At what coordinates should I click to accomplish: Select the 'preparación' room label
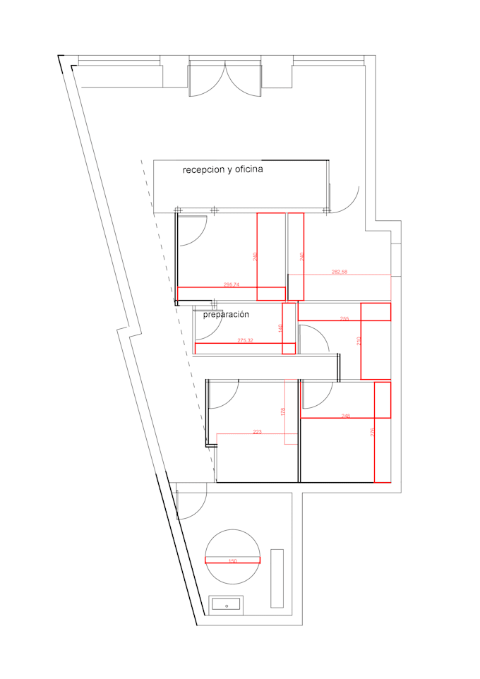[227, 315]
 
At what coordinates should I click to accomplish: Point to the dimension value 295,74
[232, 284]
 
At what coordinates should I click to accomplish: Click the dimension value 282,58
[340, 271]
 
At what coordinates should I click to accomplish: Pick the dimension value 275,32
[245, 340]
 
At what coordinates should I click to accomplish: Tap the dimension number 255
[344, 318]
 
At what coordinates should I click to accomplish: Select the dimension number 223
[257, 431]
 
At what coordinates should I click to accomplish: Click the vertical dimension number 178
[282, 411]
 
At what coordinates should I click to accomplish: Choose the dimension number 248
[345, 416]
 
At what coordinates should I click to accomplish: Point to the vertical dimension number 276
[373, 433]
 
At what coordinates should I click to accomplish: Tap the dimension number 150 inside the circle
[232, 561]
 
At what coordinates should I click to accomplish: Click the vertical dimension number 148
[280, 328]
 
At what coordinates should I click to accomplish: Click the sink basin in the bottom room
[227, 605]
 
